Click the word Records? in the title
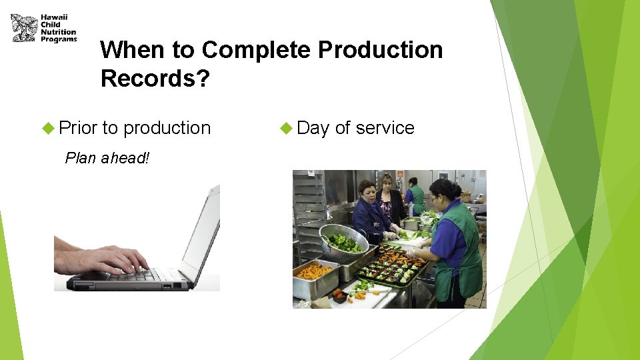pos(155,79)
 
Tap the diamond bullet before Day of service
pos(286,128)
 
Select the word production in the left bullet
pos(167,128)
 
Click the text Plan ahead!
pos(107,158)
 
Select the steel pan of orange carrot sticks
pos(313,273)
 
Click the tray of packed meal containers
pos(392,264)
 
